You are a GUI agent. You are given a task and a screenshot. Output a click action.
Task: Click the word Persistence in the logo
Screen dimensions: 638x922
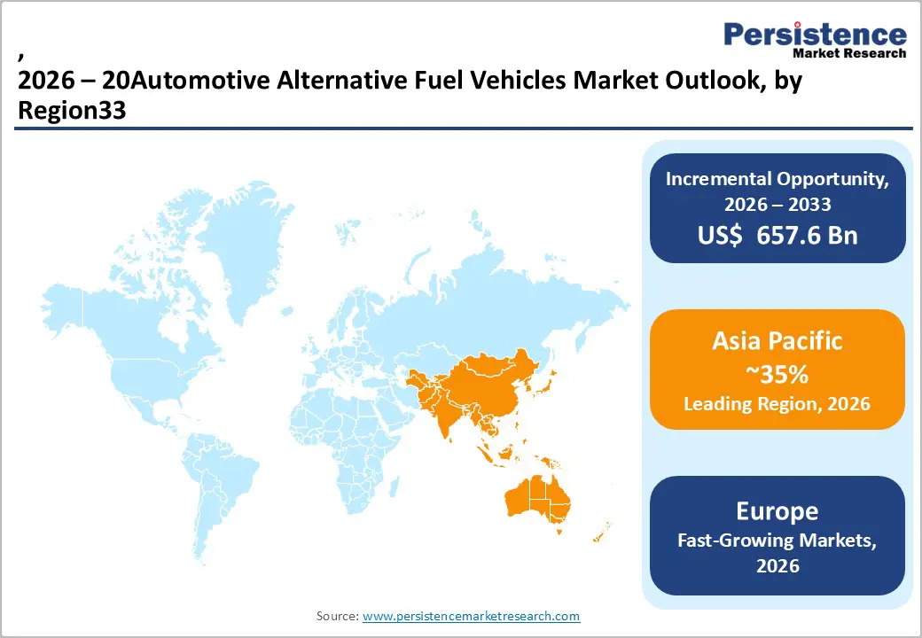coord(815,35)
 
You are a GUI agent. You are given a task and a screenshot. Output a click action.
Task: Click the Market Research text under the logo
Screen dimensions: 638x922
coord(849,53)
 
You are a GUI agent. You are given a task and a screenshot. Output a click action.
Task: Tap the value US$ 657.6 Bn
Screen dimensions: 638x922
coord(777,236)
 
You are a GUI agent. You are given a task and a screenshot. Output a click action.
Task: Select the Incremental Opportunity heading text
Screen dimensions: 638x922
coord(777,178)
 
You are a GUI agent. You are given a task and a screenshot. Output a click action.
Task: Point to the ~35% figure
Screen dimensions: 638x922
coord(777,375)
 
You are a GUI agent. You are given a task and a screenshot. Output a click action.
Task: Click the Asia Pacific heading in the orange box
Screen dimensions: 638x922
coord(777,341)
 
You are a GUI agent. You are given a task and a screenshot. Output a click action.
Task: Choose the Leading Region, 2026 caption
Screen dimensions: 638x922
coord(777,404)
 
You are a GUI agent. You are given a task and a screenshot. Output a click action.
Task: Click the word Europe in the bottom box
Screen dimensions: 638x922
coord(777,511)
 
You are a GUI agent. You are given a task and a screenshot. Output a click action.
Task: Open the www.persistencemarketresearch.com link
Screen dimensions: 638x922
coord(471,616)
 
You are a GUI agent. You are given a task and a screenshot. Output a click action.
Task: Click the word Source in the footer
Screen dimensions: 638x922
coord(337,616)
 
